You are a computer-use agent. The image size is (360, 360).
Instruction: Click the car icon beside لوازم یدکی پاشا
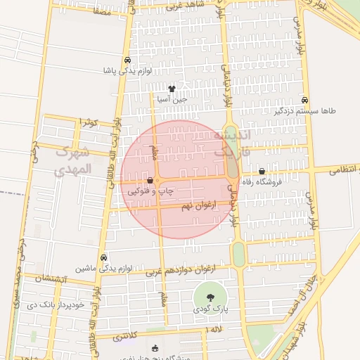tap(127, 60)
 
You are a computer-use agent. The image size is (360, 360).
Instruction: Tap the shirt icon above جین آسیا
tap(172, 89)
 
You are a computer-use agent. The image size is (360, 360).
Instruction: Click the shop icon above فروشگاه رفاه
tap(262, 171)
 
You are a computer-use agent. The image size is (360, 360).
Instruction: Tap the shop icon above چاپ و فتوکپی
tap(150, 180)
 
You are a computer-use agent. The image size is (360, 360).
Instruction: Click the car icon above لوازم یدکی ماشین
tap(104, 258)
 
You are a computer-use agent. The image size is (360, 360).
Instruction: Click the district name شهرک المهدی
tap(73, 160)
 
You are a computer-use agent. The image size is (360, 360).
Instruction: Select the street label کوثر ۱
tap(88, 122)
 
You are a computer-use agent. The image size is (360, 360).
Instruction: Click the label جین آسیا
tap(172, 99)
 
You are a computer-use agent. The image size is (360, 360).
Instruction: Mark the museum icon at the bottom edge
tap(155, 348)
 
